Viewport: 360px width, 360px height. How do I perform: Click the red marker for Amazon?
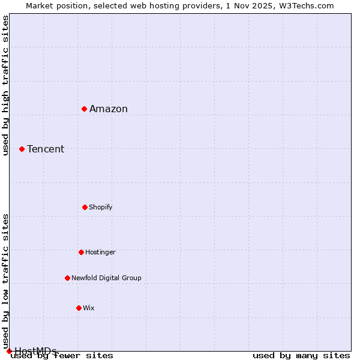point(85,109)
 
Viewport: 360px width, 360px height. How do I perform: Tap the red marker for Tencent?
point(22,149)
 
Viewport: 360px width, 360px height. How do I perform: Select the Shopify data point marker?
point(85,207)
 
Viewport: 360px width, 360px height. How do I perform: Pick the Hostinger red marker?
point(81,252)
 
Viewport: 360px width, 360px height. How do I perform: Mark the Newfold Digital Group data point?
point(67,278)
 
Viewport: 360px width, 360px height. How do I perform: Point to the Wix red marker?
point(79,308)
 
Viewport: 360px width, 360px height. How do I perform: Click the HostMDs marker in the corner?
point(9,351)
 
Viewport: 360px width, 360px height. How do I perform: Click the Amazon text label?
point(109,109)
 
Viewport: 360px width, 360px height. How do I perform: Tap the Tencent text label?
point(46,149)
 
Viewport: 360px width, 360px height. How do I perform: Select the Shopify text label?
point(101,207)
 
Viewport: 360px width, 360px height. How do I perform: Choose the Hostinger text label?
point(100,252)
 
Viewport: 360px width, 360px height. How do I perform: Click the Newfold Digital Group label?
point(106,278)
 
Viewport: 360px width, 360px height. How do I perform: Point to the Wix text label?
point(89,308)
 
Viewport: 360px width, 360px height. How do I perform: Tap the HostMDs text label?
point(35,351)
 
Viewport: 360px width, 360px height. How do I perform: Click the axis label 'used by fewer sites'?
point(62,355)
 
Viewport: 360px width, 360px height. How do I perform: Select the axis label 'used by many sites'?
point(301,355)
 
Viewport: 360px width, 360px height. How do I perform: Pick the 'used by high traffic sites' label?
point(5,85)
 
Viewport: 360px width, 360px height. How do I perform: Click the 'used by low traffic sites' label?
point(5,281)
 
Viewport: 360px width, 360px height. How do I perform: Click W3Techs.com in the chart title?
point(310,5)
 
